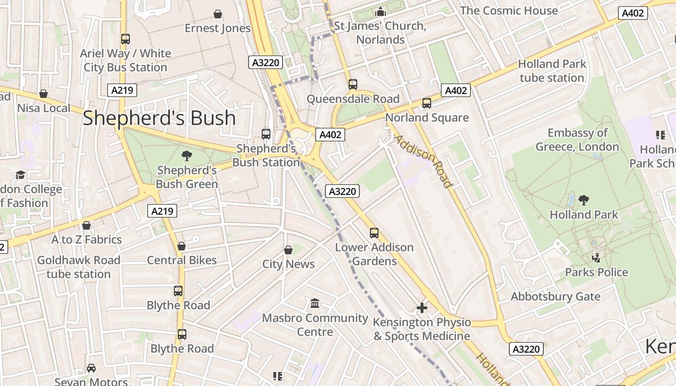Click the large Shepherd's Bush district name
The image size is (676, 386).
pyautogui.click(x=159, y=118)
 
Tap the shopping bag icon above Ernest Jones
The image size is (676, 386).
pyautogui.click(x=218, y=14)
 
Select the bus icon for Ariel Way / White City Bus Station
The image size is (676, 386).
pyautogui.click(x=126, y=39)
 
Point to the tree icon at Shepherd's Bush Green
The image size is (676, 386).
pyautogui.click(x=186, y=155)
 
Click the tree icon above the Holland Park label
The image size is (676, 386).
pyautogui.click(x=584, y=200)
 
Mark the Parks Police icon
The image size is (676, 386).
pyautogui.click(x=596, y=258)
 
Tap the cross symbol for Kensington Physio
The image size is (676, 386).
pyautogui.click(x=422, y=307)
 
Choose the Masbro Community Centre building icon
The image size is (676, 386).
pyautogui.click(x=315, y=303)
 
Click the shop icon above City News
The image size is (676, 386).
pyautogui.click(x=288, y=249)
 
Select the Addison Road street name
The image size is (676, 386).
pyautogui.click(x=423, y=161)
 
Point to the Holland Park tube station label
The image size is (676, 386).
pyautogui.click(x=552, y=71)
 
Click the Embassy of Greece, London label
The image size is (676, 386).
pyautogui.click(x=577, y=139)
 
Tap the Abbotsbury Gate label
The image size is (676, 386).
pyautogui.click(x=555, y=296)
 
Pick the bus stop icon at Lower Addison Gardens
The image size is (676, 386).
pyautogui.click(x=374, y=233)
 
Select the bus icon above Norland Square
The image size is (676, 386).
pyautogui.click(x=426, y=103)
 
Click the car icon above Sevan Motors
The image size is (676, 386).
pyautogui.click(x=91, y=368)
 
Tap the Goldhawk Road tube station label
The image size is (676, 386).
pyautogui.click(x=79, y=267)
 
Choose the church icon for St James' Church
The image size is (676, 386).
pyautogui.click(x=381, y=12)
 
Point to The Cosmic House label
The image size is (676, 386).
pyautogui.click(x=509, y=11)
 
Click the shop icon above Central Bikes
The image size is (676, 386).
pyautogui.click(x=182, y=246)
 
